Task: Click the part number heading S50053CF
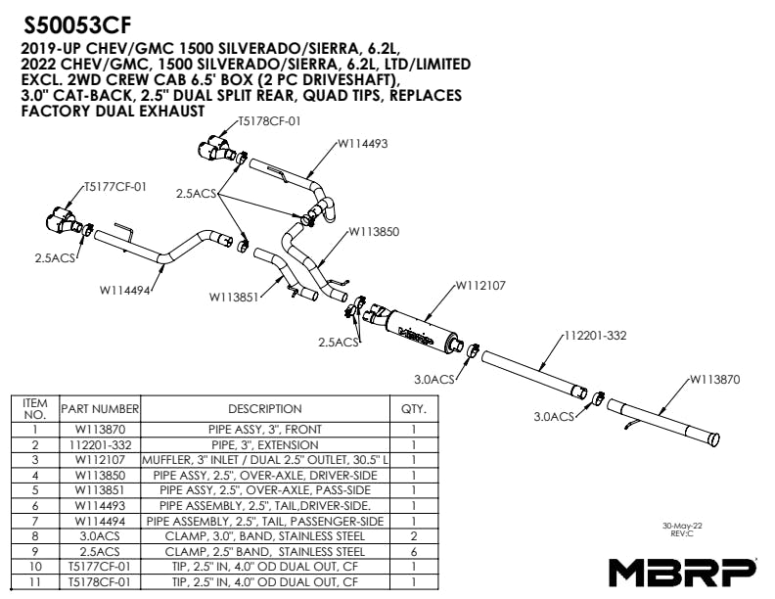tap(77, 23)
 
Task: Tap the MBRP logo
tap(682, 572)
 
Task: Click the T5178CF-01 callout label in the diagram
tap(269, 121)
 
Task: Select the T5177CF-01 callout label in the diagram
tap(114, 186)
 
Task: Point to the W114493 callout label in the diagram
tap(363, 143)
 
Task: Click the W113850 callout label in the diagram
tap(376, 232)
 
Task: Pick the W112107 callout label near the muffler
tap(480, 287)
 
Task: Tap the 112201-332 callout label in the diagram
tap(594, 335)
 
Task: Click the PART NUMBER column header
tap(100, 408)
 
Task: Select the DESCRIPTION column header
tap(264, 408)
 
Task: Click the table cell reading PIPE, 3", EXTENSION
tap(264, 444)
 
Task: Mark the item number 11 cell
tap(34, 581)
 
